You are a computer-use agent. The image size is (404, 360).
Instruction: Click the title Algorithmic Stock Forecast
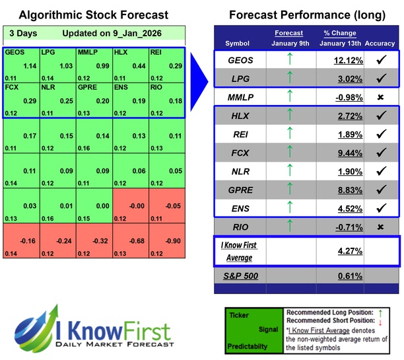(x=93, y=15)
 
